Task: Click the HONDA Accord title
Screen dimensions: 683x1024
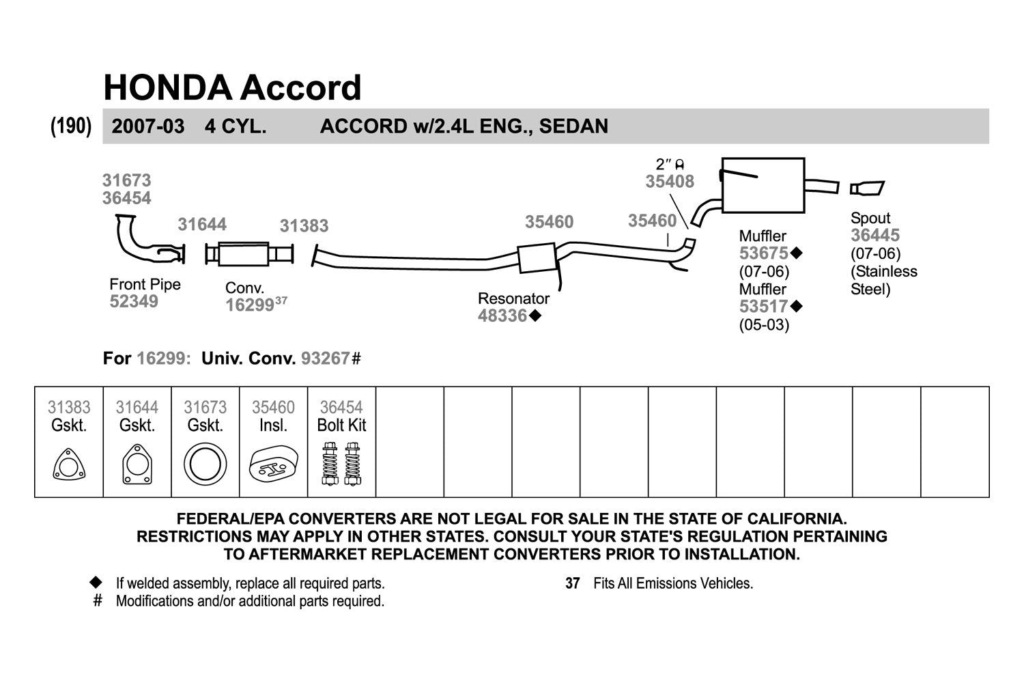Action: pyautogui.click(x=232, y=88)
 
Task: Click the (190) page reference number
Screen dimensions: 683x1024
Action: pyautogui.click(x=71, y=126)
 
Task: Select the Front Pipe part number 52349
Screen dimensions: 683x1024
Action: pyautogui.click(x=134, y=302)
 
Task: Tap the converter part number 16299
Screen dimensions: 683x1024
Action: pyautogui.click(x=250, y=305)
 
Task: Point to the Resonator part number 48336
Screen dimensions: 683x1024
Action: pyautogui.click(x=502, y=316)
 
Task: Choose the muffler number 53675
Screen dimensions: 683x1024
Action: pyautogui.click(x=764, y=253)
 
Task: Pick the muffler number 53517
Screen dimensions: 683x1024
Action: pyautogui.click(x=764, y=307)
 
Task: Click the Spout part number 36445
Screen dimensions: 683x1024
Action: pyautogui.click(x=875, y=236)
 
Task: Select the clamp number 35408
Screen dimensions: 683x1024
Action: pyautogui.click(x=670, y=182)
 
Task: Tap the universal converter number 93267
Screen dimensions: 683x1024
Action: pyautogui.click(x=326, y=359)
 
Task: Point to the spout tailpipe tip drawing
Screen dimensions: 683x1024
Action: pyautogui.click(x=867, y=188)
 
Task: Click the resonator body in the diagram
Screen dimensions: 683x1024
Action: pyautogui.click(x=536, y=258)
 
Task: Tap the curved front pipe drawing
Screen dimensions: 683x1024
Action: pyautogui.click(x=140, y=242)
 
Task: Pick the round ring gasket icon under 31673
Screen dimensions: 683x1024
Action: pyautogui.click(x=205, y=465)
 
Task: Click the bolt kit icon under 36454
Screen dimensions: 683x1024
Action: pyautogui.click(x=341, y=464)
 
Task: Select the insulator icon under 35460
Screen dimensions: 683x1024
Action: pyautogui.click(x=273, y=466)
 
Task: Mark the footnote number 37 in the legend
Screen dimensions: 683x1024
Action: pyautogui.click(x=572, y=584)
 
